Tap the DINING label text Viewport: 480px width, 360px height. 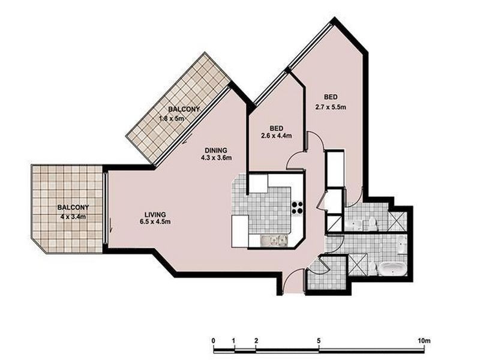[216, 150]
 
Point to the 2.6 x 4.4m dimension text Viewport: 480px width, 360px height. [277, 136]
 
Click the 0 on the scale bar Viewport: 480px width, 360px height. [214, 340]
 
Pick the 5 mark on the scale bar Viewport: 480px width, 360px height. [319, 340]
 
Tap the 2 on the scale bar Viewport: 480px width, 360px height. [256, 340]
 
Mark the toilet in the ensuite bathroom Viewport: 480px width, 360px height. [373, 224]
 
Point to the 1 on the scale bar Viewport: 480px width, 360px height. [235, 340]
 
